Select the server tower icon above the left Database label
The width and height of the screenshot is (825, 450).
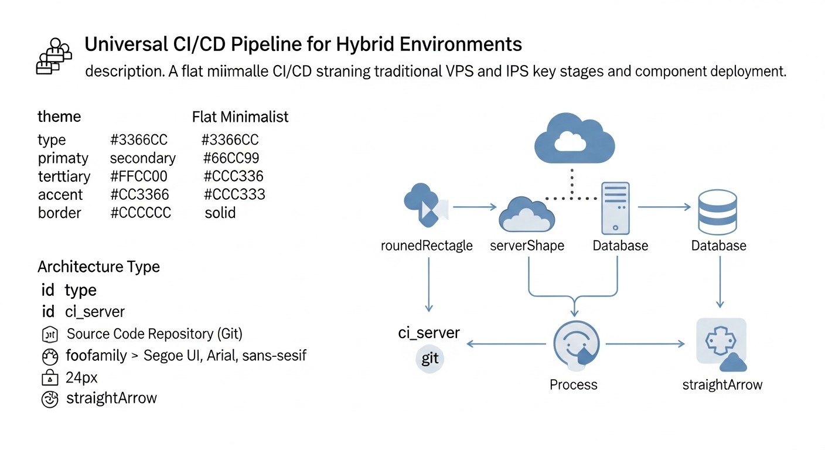[x=615, y=207]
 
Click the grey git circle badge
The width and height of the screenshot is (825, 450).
[x=429, y=358]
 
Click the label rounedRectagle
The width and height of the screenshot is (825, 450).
[x=427, y=246]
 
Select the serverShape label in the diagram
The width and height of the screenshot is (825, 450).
[x=527, y=246]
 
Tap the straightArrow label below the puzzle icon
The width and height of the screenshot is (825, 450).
[x=722, y=385]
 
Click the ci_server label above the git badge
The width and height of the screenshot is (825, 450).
[x=429, y=333]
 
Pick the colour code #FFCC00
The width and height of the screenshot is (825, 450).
[x=139, y=176]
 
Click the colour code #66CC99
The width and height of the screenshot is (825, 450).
[x=231, y=158]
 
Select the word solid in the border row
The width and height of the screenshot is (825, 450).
[x=220, y=213]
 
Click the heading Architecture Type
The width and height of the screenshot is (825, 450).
[x=98, y=267]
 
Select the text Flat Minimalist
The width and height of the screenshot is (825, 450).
[x=240, y=117]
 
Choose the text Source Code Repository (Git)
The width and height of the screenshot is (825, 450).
[x=155, y=334]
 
